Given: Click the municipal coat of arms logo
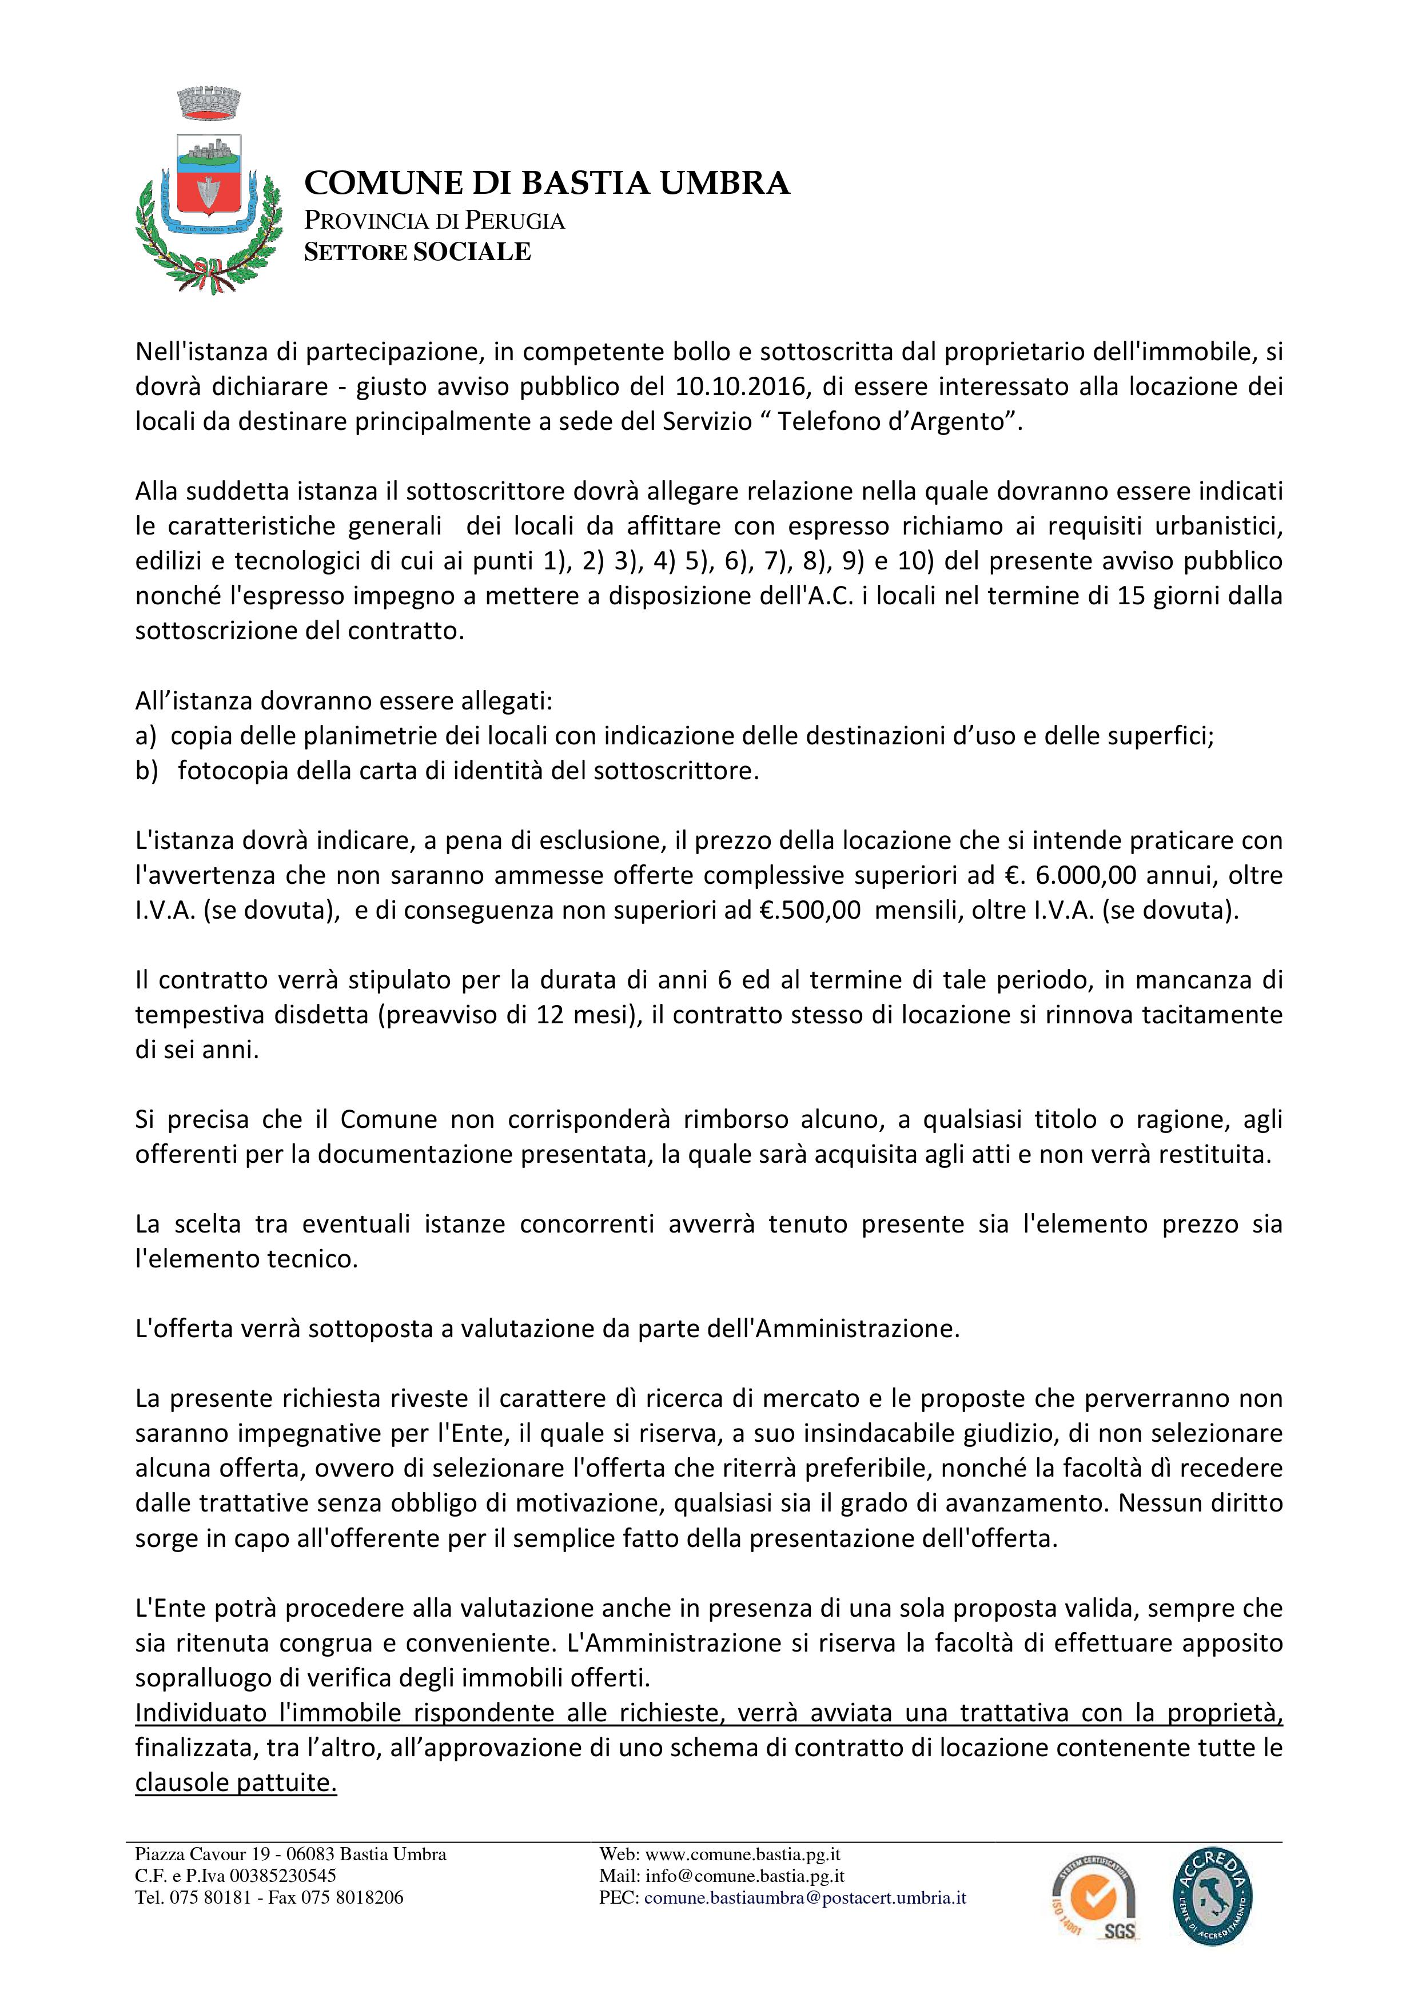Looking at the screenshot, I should coord(209,192).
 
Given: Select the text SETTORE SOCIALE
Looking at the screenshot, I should coord(417,253).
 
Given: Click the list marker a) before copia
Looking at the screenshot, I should coord(146,736).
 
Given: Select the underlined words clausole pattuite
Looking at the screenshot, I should coord(236,1783).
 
